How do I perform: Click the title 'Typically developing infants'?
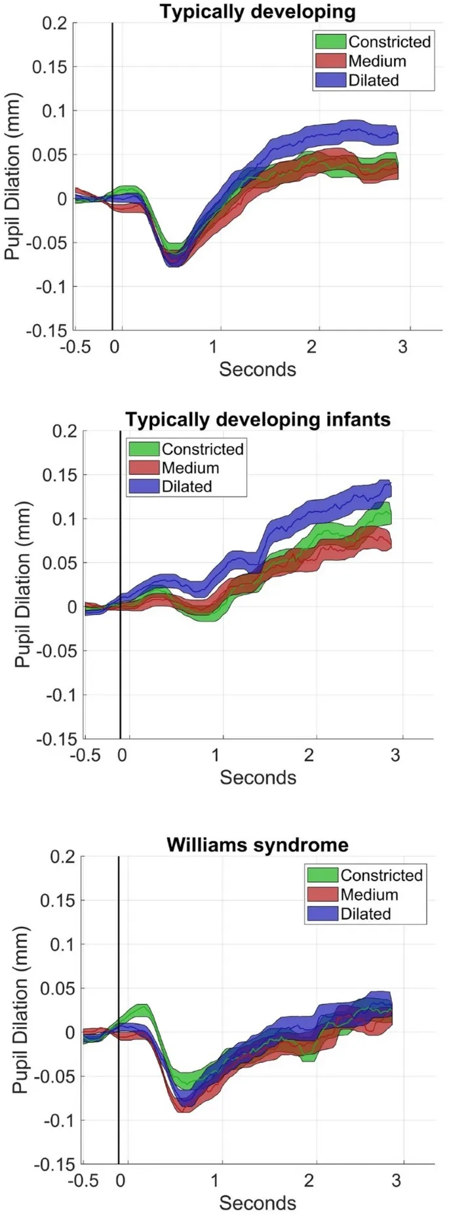point(258,419)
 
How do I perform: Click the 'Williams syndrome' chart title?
point(257,844)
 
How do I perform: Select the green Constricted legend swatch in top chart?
point(330,42)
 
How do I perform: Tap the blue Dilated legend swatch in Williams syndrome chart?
point(322,914)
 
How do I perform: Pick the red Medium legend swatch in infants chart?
point(144,468)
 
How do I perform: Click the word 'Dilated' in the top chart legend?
point(374,81)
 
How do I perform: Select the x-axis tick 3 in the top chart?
point(403,346)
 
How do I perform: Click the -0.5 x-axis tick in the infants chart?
point(86,755)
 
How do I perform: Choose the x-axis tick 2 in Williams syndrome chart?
point(309,1180)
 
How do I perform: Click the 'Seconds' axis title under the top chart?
point(258,369)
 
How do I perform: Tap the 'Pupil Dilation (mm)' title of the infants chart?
point(23,584)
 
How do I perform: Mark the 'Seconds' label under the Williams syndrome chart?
point(258,1203)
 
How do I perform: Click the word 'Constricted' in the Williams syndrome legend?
point(381,876)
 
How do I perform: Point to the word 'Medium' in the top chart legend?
point(377,62)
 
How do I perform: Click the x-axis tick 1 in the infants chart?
point(216,755)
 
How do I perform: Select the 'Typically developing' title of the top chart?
point(258,11)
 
